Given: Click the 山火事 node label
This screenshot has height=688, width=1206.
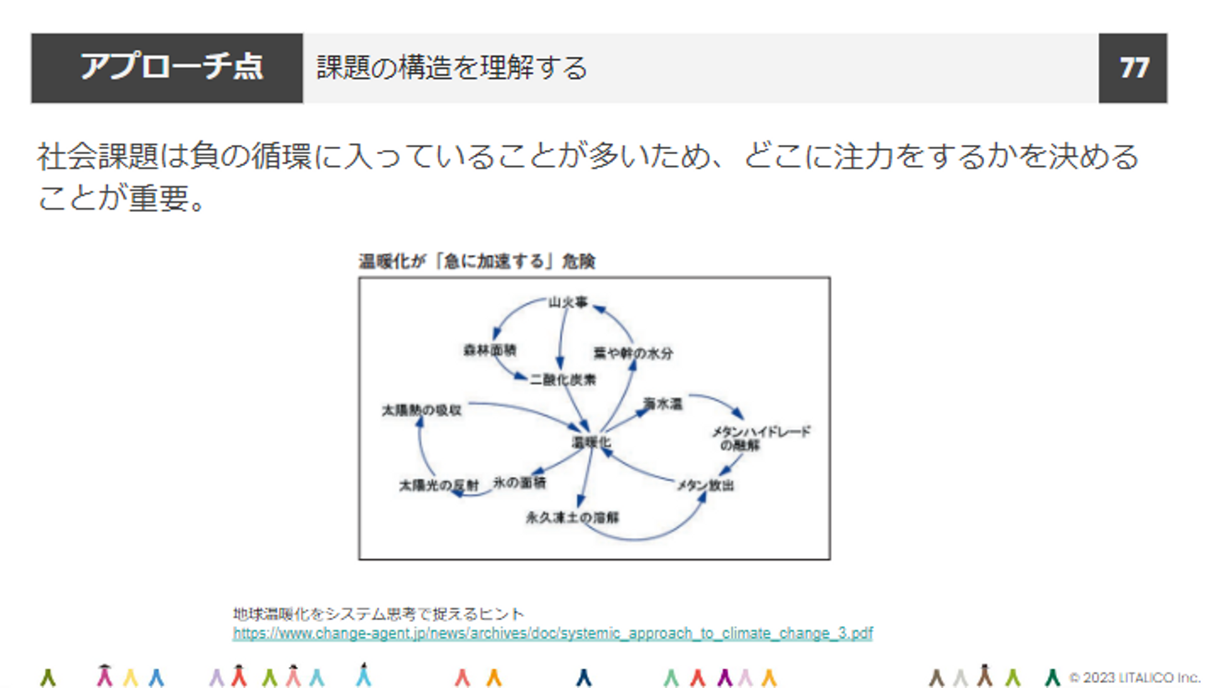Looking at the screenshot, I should click(563, 302).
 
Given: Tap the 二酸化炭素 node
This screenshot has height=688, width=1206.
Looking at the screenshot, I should click(563, 379).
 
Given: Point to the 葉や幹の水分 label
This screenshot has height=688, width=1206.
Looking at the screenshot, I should click(633, 353).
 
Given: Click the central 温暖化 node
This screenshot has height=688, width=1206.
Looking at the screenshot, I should click(592, 442).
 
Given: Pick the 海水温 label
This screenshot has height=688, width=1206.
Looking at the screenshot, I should click(663, 404).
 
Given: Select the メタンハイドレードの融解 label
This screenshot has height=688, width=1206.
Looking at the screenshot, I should click(761, 438).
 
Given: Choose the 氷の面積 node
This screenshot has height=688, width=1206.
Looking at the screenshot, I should click(519, 483).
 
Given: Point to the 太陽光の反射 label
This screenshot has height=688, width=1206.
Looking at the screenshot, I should click(427, 485).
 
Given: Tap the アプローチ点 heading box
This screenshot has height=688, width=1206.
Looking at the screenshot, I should click(167, 68).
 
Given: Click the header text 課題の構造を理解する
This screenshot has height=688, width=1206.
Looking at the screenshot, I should click(451, 68).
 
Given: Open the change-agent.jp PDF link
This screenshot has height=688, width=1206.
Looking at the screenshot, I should click(553, 634).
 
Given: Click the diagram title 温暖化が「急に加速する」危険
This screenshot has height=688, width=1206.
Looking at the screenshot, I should click(477, 261).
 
